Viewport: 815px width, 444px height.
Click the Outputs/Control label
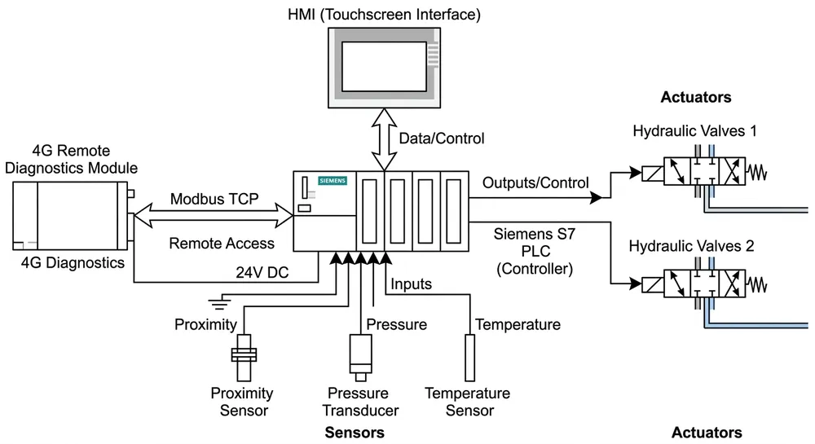pos(535,182)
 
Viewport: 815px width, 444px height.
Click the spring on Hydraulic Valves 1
pos(759,174)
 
